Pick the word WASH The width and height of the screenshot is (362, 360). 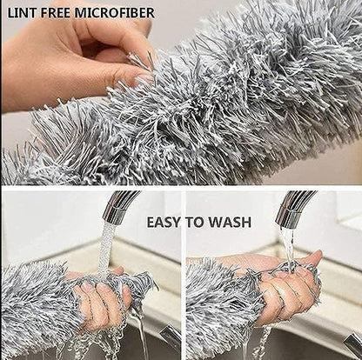(x=231, y=223)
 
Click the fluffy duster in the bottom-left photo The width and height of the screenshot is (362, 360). (x=35, y=304)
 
